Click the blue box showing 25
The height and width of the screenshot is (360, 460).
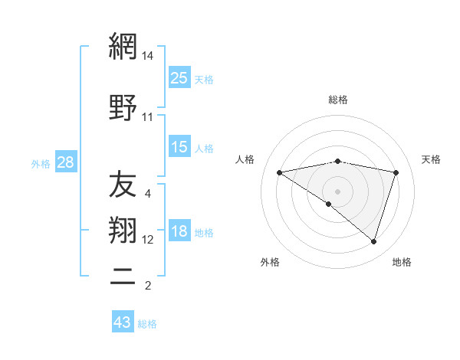179,78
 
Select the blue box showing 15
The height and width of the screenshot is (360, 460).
179,147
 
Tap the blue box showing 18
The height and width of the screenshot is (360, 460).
179,232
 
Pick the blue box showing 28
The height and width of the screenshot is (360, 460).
65,163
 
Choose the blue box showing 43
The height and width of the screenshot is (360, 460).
123,322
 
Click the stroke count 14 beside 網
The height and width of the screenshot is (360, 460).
148,56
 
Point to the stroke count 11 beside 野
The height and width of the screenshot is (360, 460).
148,117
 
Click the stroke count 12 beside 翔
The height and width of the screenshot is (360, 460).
148,240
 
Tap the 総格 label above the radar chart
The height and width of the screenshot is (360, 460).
338,100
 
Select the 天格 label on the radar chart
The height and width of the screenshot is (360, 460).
431,159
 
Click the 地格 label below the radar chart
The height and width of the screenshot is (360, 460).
402,262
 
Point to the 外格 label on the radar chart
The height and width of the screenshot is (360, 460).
270,262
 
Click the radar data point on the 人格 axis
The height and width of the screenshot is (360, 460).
280,172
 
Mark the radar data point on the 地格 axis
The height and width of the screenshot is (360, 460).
373,241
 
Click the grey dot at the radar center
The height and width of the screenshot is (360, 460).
337,191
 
